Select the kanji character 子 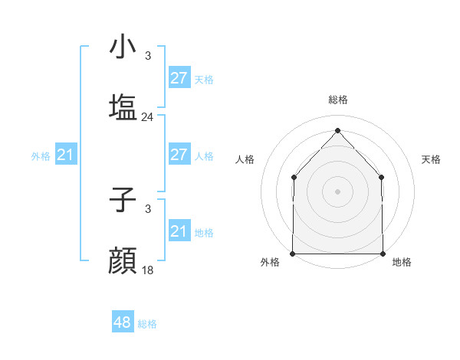click(123, 200)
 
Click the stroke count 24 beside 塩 click(148, 117)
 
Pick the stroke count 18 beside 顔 click(148, 270)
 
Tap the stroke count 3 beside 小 click(148, 56)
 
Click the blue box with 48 click(123, 322)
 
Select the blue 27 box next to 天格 click(179, 78)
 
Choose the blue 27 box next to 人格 click(179, 155)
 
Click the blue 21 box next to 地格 click(179, 231)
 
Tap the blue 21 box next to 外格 click(66, 155)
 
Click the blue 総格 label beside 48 click(148, 324)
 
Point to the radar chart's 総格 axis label click(338, 100)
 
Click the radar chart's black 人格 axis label click(245, 159)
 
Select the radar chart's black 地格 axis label click(402, 262)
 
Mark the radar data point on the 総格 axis click(337, 129)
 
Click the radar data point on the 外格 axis click(293, 254)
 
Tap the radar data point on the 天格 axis click(382, 177)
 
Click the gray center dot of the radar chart click(337, 191)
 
